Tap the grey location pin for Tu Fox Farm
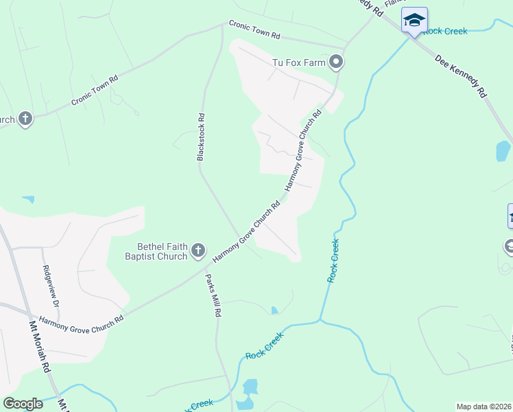(x=336, y=63)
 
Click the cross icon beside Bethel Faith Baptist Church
(x=198, y=251)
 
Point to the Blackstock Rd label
(x=201, y=137)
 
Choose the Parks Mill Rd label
(x=214, y=295)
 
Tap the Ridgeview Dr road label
(x=52, y=286)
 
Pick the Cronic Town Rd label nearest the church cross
(x=95, y=90)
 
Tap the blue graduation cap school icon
(x=414, y=20)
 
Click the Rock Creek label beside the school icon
(x=445, y=31)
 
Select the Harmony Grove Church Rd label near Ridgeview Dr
(x=81, y=319)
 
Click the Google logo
(x=23, y=404)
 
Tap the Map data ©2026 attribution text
(x=484, y=406)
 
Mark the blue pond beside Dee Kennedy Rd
(x=503, y=150)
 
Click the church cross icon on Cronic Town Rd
(x=25, y=119)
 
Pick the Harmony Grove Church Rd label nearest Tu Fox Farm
(x=302, y=148)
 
